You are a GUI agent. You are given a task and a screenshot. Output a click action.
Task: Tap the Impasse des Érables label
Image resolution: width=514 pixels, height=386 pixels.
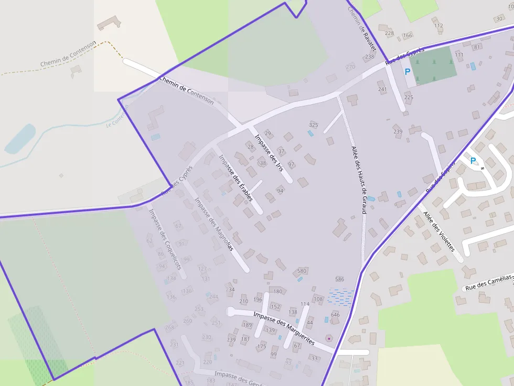coord(236,178)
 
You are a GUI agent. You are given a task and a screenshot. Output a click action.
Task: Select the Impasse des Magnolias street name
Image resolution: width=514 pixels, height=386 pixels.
coord(213,224)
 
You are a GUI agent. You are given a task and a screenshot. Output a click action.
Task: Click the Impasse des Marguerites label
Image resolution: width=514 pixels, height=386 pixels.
coord(283,328)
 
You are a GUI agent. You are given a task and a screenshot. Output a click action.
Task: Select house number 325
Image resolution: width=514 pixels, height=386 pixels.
coord(314,125)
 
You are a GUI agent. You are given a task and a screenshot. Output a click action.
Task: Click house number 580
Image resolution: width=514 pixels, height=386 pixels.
coord(302,271)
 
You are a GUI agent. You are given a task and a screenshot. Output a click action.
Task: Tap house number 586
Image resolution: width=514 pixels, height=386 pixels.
coord(339,279)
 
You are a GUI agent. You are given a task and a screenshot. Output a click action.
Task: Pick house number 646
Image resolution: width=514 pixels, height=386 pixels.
coord(335,315)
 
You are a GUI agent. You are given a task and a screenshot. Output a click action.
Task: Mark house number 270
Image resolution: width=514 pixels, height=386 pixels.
coord(350,67)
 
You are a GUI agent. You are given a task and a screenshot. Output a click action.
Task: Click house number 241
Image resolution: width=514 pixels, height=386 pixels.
coord(382,89)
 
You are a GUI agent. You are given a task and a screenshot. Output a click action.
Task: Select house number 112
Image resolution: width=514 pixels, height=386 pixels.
coord(438,26)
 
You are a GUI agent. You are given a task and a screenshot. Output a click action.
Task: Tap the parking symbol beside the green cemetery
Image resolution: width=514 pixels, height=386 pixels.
coord(407,72)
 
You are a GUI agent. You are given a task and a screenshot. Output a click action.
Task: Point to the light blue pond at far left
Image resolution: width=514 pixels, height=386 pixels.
coord(20,139)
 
